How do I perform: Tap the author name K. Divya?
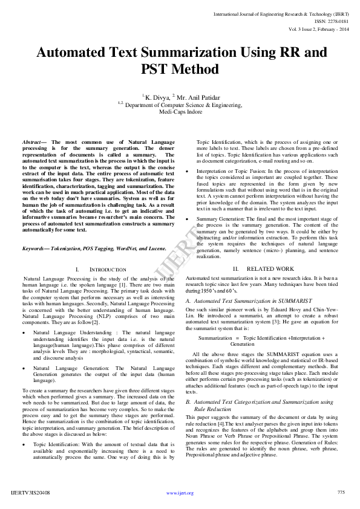coord(157,96)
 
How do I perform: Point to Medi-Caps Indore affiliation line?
coord(180,112)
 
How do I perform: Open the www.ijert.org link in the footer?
coord(180,493)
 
